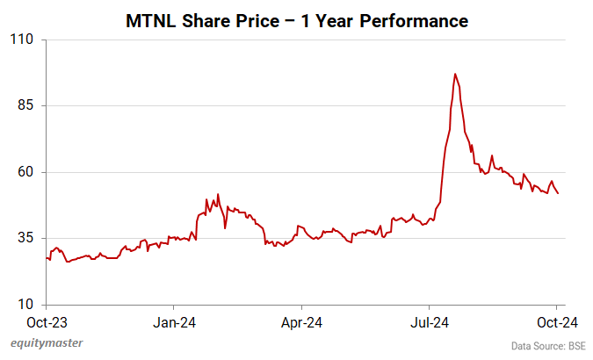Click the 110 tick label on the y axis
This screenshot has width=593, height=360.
pyautogui.click(x=21, y=40)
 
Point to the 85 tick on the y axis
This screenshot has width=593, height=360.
pyautogui.click(x=24, y=105)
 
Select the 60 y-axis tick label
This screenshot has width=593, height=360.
pyautogui.click(x=24, y=172)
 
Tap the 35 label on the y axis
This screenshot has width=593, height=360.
pyautogui.click(x=24, y=238)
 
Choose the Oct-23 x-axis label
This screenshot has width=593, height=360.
pyautogui.click(x=45, y=322)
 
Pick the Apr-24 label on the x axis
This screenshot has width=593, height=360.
pyautogui.click(x=301, y=322)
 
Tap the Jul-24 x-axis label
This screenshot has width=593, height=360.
pyautogui.click(x=430, y=322)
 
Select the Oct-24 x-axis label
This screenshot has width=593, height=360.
pyautogui.click(x=557, y=322)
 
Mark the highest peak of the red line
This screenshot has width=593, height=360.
pyautogui.click(x=454, y=74)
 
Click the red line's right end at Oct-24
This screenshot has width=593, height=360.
pyautogui.click(x=558, y=193)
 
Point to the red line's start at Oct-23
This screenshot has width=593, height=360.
pyautogui.click(x=46, y=257)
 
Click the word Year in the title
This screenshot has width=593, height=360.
pyautogui.click(x=340, y=18)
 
